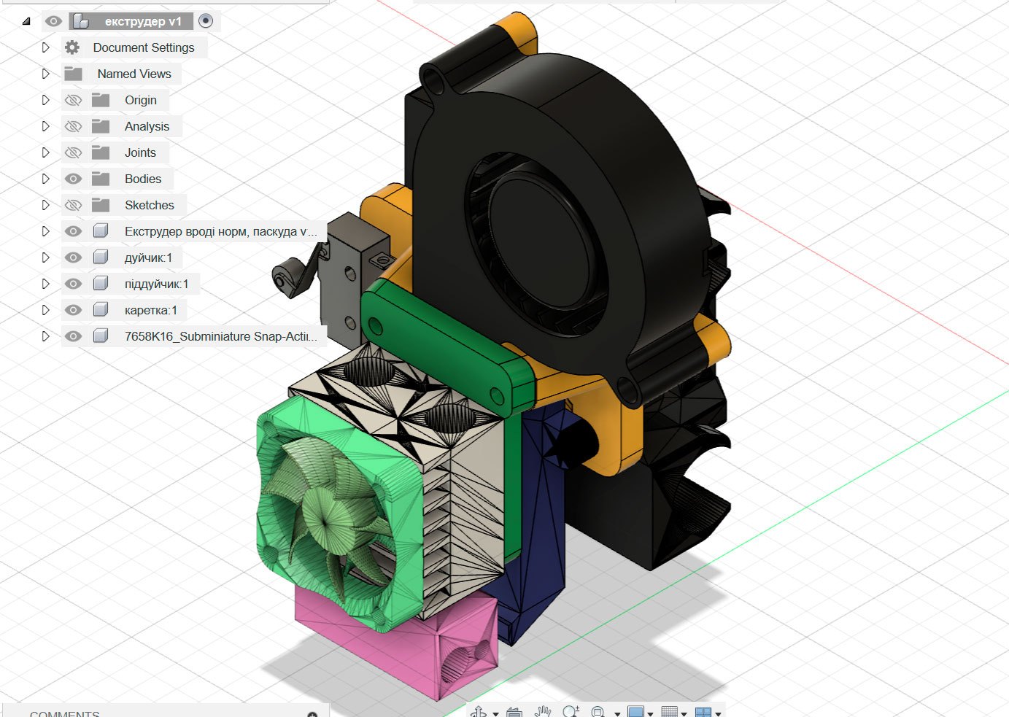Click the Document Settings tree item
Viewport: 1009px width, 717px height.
click(x=143, y=47)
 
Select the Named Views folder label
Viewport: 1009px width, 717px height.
click(x=134, y=74)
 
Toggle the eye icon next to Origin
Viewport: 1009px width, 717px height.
click(x=73, y=100)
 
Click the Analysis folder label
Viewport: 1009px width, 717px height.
click(x=147, y=126)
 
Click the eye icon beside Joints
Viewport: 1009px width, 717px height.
click(x=73, y=152)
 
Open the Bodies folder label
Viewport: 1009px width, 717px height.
click(x=143, y=179)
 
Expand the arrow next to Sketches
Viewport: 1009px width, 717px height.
click(x=45, y=205)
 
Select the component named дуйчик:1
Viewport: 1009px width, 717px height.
click(x=148, y=257)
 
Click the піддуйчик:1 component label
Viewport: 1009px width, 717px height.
click(x=156, y=284)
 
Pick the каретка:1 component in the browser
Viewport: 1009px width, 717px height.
click(x=150, y=310)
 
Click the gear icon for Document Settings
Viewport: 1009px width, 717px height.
click(x=72, y=47)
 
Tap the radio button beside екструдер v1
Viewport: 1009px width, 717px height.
click(x=206, y=21)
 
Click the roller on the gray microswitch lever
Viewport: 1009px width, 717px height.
click(x=279, y=278)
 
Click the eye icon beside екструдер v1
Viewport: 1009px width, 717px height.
click(x=53, y=21)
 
